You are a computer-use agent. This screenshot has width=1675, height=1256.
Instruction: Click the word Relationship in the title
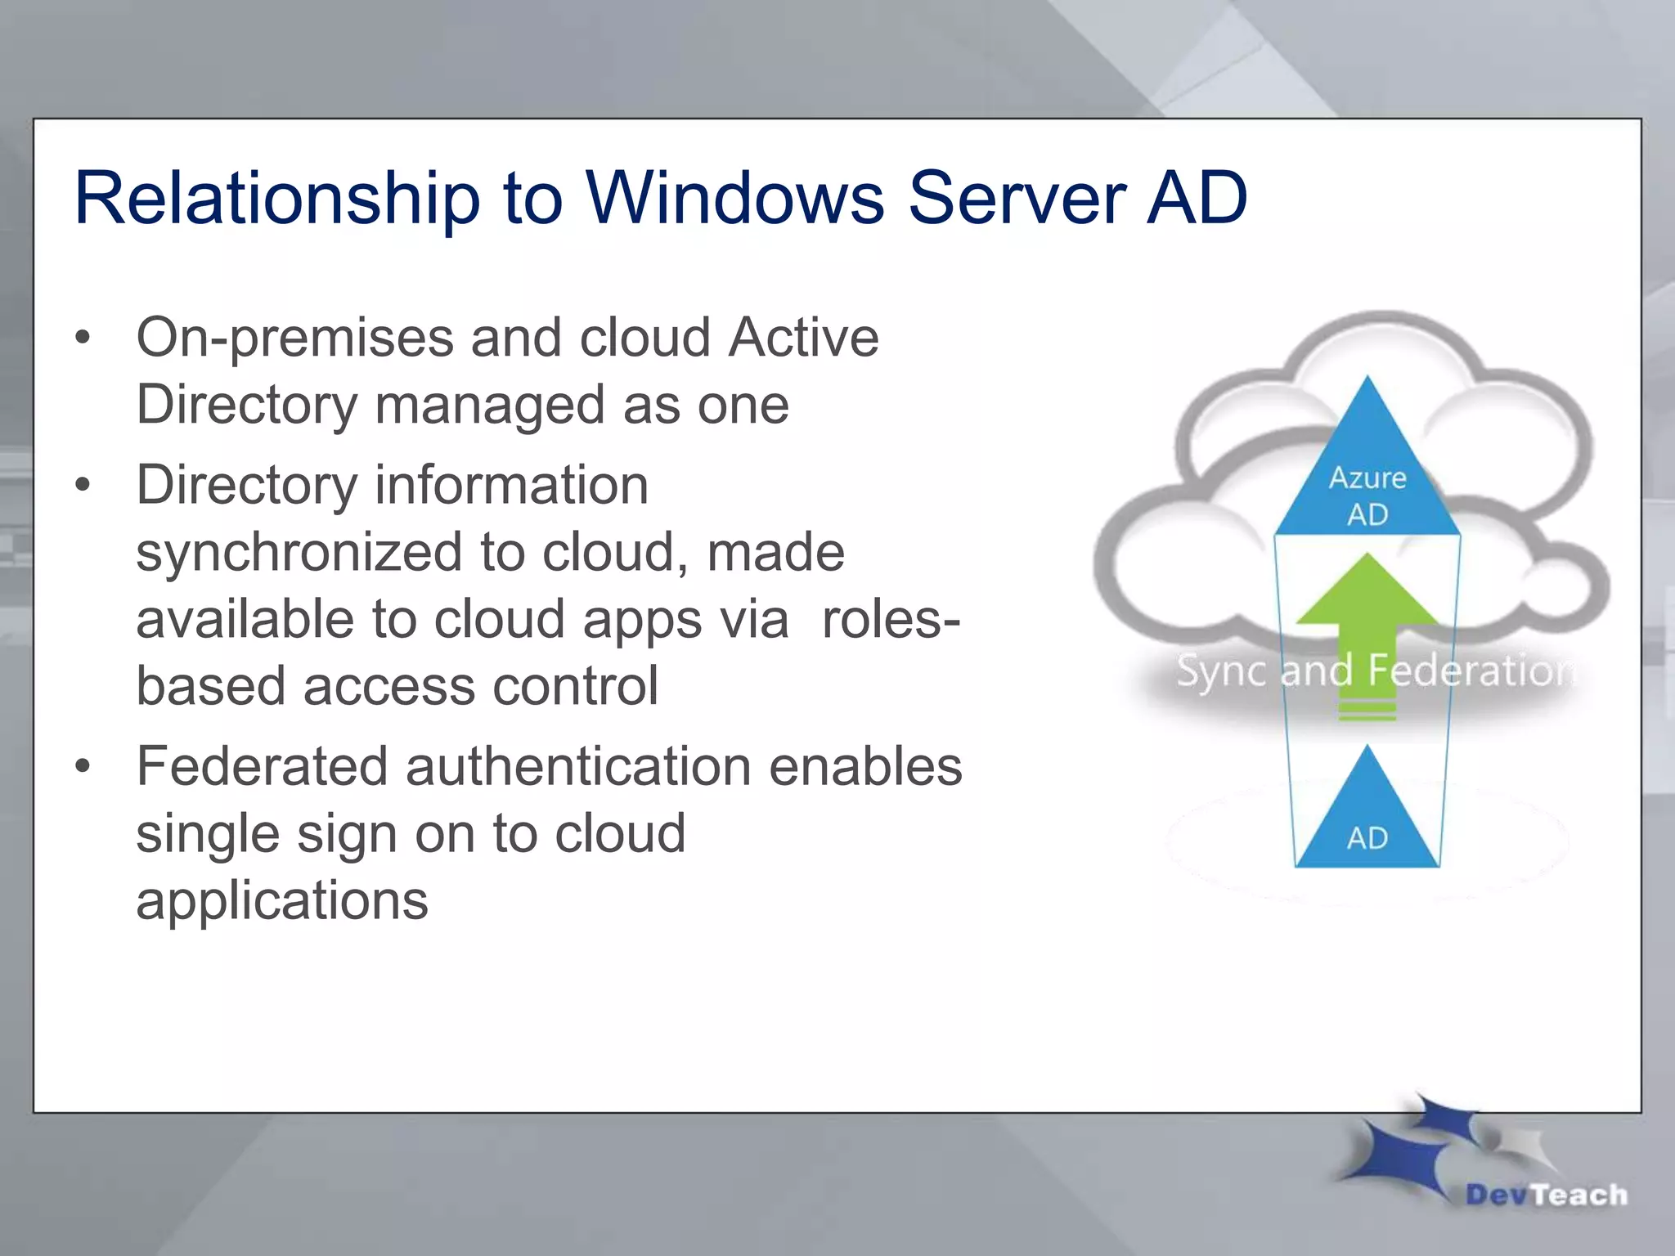[x=276, y=199]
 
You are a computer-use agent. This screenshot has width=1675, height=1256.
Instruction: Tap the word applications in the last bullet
[x=282, y=900]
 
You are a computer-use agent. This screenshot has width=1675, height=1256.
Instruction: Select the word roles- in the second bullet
[x=891, y=619]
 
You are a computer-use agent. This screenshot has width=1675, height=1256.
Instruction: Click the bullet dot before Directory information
[x=82, y=486]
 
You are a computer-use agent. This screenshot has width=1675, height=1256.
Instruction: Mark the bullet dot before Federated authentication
[x=82, y=767]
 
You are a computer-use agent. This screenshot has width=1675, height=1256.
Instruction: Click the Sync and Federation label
[x=1374, y=671]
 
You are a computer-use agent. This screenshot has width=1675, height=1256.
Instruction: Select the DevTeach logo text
[x=1546, y=1195]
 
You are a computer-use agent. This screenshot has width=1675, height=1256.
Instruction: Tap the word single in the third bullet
[x=207, y=835]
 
